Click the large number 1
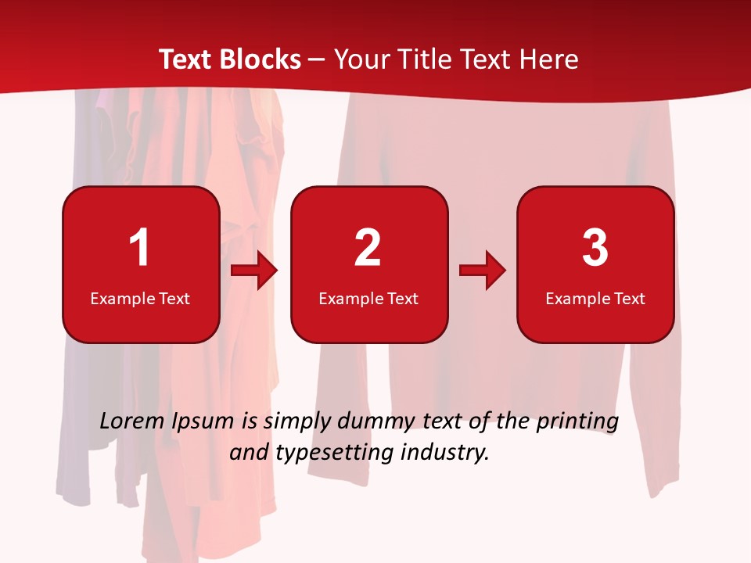point(139,249)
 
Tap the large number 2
point(368,249)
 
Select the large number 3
point(595,249)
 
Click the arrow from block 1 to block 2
point(254,271)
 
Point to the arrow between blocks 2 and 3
point(483,271)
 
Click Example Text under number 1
point(140,298)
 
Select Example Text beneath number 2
point(368,298)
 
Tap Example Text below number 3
point(595,298)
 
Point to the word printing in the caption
point(577,422)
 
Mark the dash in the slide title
point(317,59)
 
